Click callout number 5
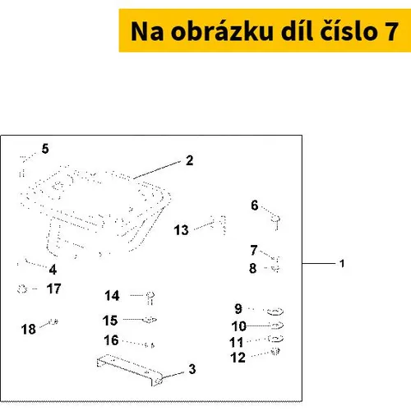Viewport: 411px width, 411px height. (45, 149)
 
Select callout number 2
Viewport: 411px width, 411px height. (189, 160)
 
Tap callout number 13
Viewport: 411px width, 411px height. (181, 230)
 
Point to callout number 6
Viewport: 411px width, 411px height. (255, 205)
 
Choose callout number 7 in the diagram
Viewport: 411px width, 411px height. (254, 250)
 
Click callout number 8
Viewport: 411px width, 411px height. (252, 268)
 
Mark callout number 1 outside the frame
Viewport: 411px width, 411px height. (342, 264)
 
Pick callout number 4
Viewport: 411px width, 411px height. (53, 270)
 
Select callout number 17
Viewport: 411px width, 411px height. (53, 289)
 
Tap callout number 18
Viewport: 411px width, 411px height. (29, 329)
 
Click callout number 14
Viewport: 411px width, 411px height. (112, 296)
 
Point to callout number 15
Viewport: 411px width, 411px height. (110, 321)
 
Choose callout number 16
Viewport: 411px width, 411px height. (111, 340)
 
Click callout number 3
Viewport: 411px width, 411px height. (192, 369)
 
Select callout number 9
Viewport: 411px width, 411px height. (238, 309)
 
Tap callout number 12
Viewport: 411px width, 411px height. (238, 358)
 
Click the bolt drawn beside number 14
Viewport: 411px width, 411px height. (150, 298)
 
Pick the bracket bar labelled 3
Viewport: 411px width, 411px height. (129, 368)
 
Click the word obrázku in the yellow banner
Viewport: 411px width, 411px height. (222, 31)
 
